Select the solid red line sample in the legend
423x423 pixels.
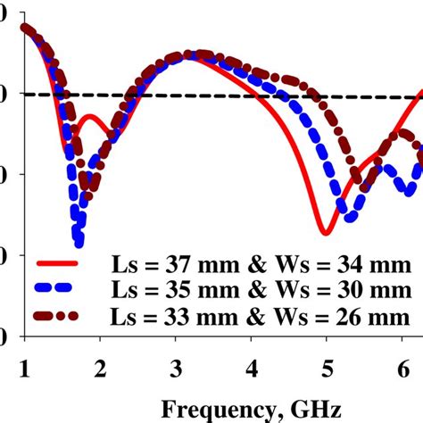click(57, 265)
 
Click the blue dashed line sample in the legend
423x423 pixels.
click(57, 291)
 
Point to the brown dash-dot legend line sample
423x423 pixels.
click(57, 317)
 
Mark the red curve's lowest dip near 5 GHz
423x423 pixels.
click(326, 234)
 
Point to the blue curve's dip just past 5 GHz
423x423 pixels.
click(349, 216)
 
